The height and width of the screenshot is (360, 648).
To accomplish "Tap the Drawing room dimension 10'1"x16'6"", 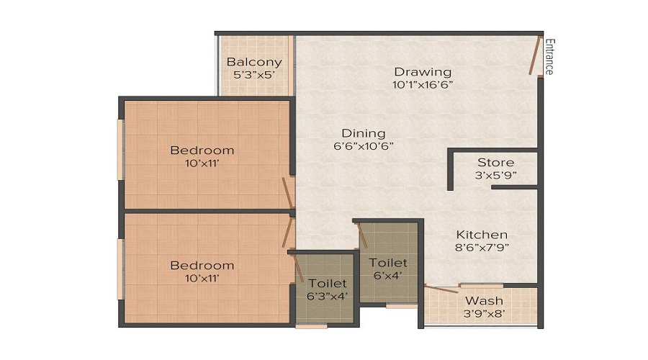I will (423, 84).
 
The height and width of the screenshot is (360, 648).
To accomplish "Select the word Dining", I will (364, 133).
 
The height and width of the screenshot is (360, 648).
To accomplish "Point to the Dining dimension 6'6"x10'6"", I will (363, 145).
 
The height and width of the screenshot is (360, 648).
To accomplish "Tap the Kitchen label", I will (482, 235).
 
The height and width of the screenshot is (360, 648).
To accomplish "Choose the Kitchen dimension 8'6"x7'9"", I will (482, 248).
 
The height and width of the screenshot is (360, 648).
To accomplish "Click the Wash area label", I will (484, 300).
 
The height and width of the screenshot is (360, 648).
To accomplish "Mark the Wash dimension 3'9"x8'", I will (484, 313).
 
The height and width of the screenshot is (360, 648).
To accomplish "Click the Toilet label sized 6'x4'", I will (388, 264).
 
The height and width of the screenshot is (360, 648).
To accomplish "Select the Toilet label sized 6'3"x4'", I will (328, 284).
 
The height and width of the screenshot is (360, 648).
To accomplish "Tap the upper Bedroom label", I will (202, 150).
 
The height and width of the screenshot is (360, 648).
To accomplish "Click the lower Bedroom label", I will (202, 266).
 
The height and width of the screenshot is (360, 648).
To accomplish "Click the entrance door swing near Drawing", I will (534, 56).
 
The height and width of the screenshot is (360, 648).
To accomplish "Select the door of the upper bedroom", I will (287, 193).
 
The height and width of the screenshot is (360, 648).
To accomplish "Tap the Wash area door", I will (441, 289).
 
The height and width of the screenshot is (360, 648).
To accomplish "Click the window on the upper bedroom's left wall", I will (121, 149).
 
